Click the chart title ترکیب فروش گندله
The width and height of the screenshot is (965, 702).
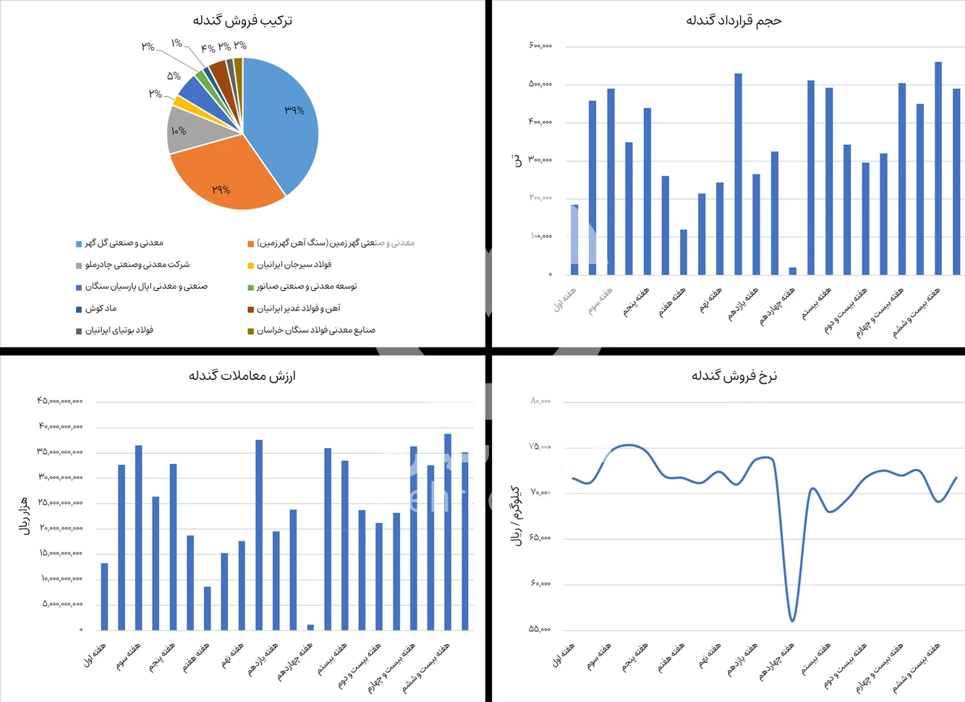click(242, 20)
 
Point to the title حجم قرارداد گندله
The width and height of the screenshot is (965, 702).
click(734, 20)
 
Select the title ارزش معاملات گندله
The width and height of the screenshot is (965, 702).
click(242, 376)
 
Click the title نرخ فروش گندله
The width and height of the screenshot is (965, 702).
click(734, 376)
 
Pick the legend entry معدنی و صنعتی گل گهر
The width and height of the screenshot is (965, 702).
click(124, 243)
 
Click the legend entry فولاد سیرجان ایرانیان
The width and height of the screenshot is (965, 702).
click(294, 265)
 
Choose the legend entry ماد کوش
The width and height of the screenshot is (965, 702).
click(101, 308)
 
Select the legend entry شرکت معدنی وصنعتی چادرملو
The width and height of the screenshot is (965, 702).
click(137, 265)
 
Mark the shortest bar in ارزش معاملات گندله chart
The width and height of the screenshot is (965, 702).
click(310, 627)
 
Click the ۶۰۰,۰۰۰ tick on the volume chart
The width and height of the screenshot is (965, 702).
click(540, 46)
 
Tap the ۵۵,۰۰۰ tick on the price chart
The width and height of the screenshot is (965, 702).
click(540, 629)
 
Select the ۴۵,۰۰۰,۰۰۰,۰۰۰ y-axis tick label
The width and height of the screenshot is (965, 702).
click(60, 401)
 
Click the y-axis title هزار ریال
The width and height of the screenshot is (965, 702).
click(24, 515)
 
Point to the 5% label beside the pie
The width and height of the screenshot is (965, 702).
click(174, 76)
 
